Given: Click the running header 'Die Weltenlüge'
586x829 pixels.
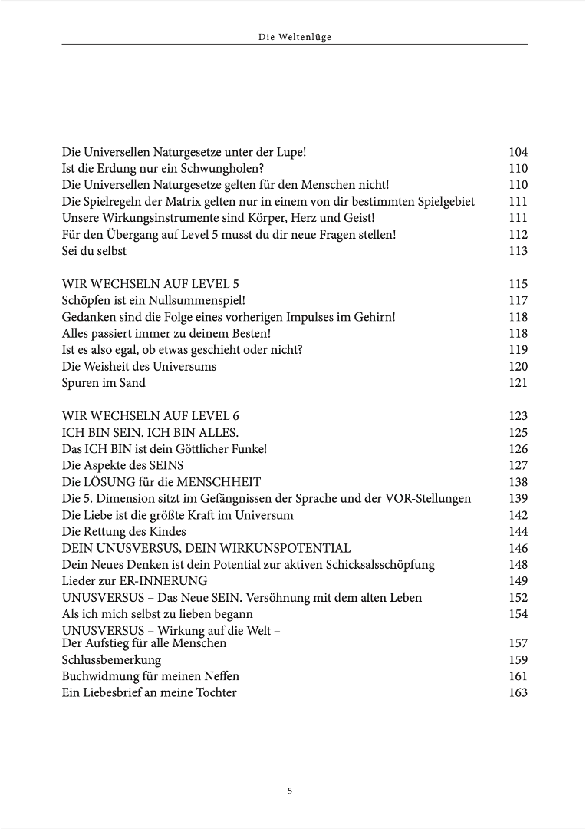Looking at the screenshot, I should [x=294, y=36].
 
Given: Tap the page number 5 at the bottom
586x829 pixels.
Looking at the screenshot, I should [x=290, y=791].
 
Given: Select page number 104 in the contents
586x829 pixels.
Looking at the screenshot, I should [x=518, y=152].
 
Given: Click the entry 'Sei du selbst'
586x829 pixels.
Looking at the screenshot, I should [x=94, y=251].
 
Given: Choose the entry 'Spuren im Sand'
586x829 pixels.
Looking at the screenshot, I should [x=104, y=383].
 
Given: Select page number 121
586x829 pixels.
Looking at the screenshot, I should [x=518, y=383].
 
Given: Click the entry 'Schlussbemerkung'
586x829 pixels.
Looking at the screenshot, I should [x=111, y=660].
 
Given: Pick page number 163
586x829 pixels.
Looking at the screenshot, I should [x=518, y=693].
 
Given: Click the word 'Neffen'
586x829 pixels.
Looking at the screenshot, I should [x=219, y=676].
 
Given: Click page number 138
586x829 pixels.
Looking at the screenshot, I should [x=518, y=482].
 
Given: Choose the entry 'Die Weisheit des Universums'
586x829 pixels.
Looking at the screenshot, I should [x=139, y=366].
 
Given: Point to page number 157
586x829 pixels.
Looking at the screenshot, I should [x=518, y=643].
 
